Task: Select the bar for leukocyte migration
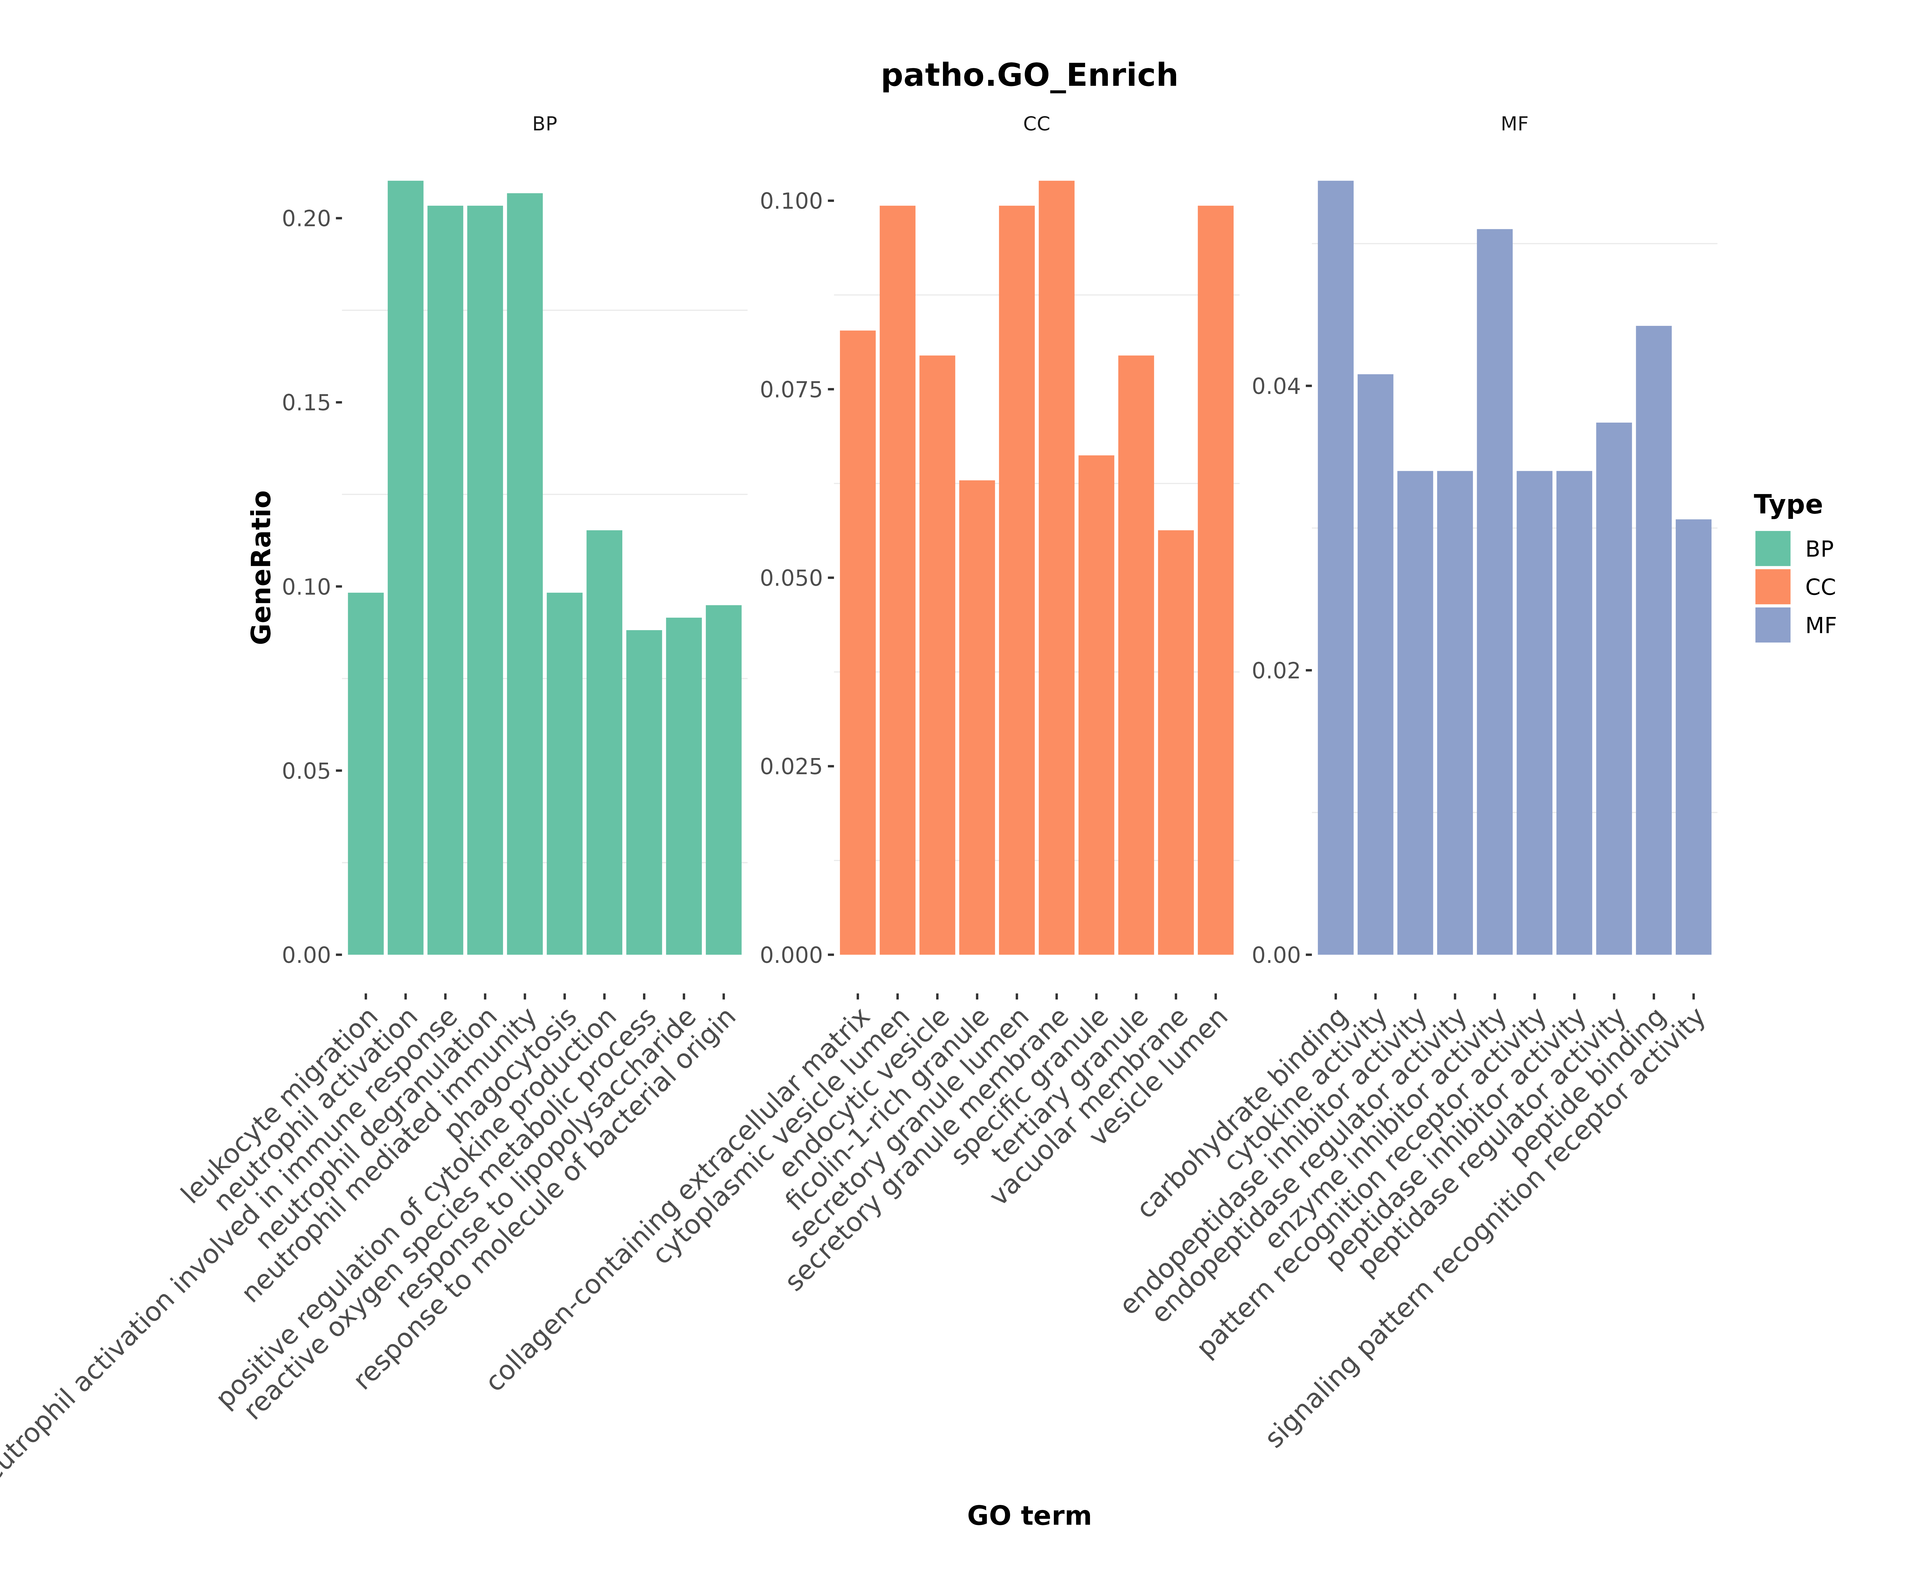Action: point(366,774)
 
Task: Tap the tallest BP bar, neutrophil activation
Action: point(405,564)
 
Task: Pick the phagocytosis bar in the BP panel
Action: point(564,774)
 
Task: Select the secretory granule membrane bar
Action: point(1056,564)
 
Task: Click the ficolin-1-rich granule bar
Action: point(977,719)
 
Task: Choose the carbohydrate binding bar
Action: point(1336,564)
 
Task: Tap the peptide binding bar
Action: point(1653,637)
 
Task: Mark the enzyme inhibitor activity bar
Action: point(1494,592)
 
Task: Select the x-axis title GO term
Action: point(1029,1516)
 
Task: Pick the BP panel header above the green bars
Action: point(544,124)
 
